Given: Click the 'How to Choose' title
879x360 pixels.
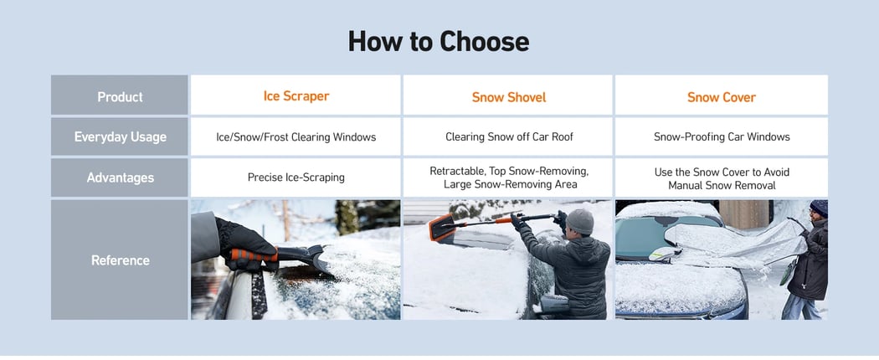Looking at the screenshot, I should [x=439, y=41].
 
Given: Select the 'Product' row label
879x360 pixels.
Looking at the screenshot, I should [x=120, y=96].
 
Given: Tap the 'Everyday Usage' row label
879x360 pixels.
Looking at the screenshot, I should [x=120, y=136].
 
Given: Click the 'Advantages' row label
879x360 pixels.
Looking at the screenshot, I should [x=120, y=177].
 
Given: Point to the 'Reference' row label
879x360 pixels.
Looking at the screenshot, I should [x=120, y=260].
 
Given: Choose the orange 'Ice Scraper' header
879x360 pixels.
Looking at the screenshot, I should [x=296, y=96].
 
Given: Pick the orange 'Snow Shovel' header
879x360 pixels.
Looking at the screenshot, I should [x=509, y=97].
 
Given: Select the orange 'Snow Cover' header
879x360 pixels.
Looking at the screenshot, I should [x=721, y=97].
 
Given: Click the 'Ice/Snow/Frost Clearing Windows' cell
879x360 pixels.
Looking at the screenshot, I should [x=296, y=136].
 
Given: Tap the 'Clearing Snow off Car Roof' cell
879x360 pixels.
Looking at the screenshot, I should [x=509, y=136].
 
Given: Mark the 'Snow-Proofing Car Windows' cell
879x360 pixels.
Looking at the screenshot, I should [x=721, y=136].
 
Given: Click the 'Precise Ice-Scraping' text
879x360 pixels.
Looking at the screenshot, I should [x=296, y=177].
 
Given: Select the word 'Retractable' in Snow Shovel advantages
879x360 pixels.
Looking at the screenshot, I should [x=458, y=171].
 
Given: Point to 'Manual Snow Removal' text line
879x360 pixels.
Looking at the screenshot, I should [x=721, y=185].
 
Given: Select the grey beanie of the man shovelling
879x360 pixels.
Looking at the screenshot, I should [x=579, y=221].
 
